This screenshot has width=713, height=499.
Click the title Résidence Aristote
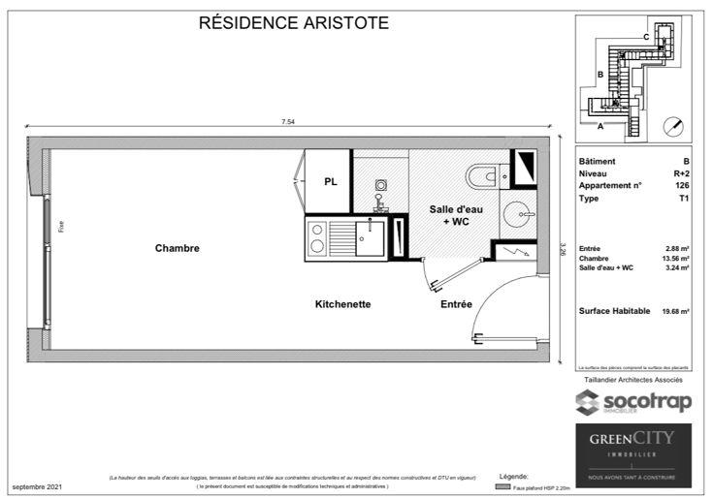tap(293, 23)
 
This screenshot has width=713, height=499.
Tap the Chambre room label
tap(177, 248)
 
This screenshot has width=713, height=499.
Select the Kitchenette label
tap(342, 304)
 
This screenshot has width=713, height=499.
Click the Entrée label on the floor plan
tap(456, 304)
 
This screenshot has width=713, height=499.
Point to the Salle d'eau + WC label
tap(453, 215)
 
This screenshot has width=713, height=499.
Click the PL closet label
tap(331, 182)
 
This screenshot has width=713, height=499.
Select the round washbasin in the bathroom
tap(520, 213)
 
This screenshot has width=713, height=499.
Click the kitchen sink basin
tap(369, 234)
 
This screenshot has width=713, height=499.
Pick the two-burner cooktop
tap(316, 238)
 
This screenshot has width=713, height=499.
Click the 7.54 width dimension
tap(287, 122)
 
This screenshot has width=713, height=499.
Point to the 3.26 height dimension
tap(562, 250)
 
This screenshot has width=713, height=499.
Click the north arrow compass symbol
tap(673, 126)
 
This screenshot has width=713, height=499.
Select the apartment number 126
tap(683, 185)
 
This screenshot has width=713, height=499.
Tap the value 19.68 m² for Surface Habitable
tap(675, 311)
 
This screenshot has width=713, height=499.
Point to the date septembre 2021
tap(37, 485)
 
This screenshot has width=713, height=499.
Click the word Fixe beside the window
tap(61, 228)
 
